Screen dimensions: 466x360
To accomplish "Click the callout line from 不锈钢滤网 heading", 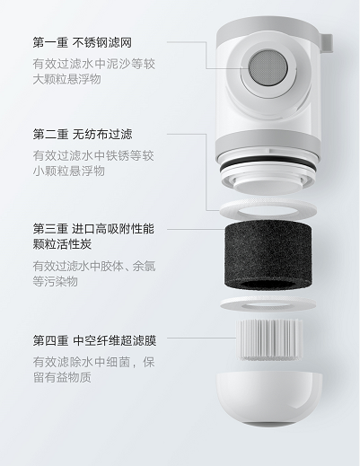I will click(193, 43).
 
